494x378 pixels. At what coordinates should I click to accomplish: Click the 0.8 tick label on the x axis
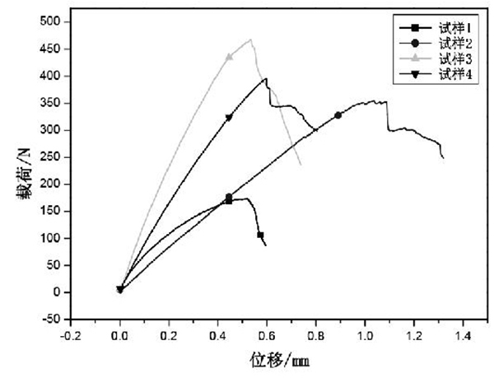[315, 336]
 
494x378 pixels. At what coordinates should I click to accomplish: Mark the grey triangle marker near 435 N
[230, 57]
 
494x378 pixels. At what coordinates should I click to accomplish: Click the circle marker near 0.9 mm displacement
[338, 115]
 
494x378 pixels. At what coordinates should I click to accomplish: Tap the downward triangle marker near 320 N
[228, 118]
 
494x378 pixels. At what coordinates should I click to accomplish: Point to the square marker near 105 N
[260, 236]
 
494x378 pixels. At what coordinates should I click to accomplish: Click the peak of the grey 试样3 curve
[250, 39]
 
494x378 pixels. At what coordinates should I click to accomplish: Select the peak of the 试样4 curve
[265, 79]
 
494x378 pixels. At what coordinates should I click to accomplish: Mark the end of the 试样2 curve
[443, 157]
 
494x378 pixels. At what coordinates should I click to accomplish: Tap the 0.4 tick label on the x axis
[217, 336]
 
